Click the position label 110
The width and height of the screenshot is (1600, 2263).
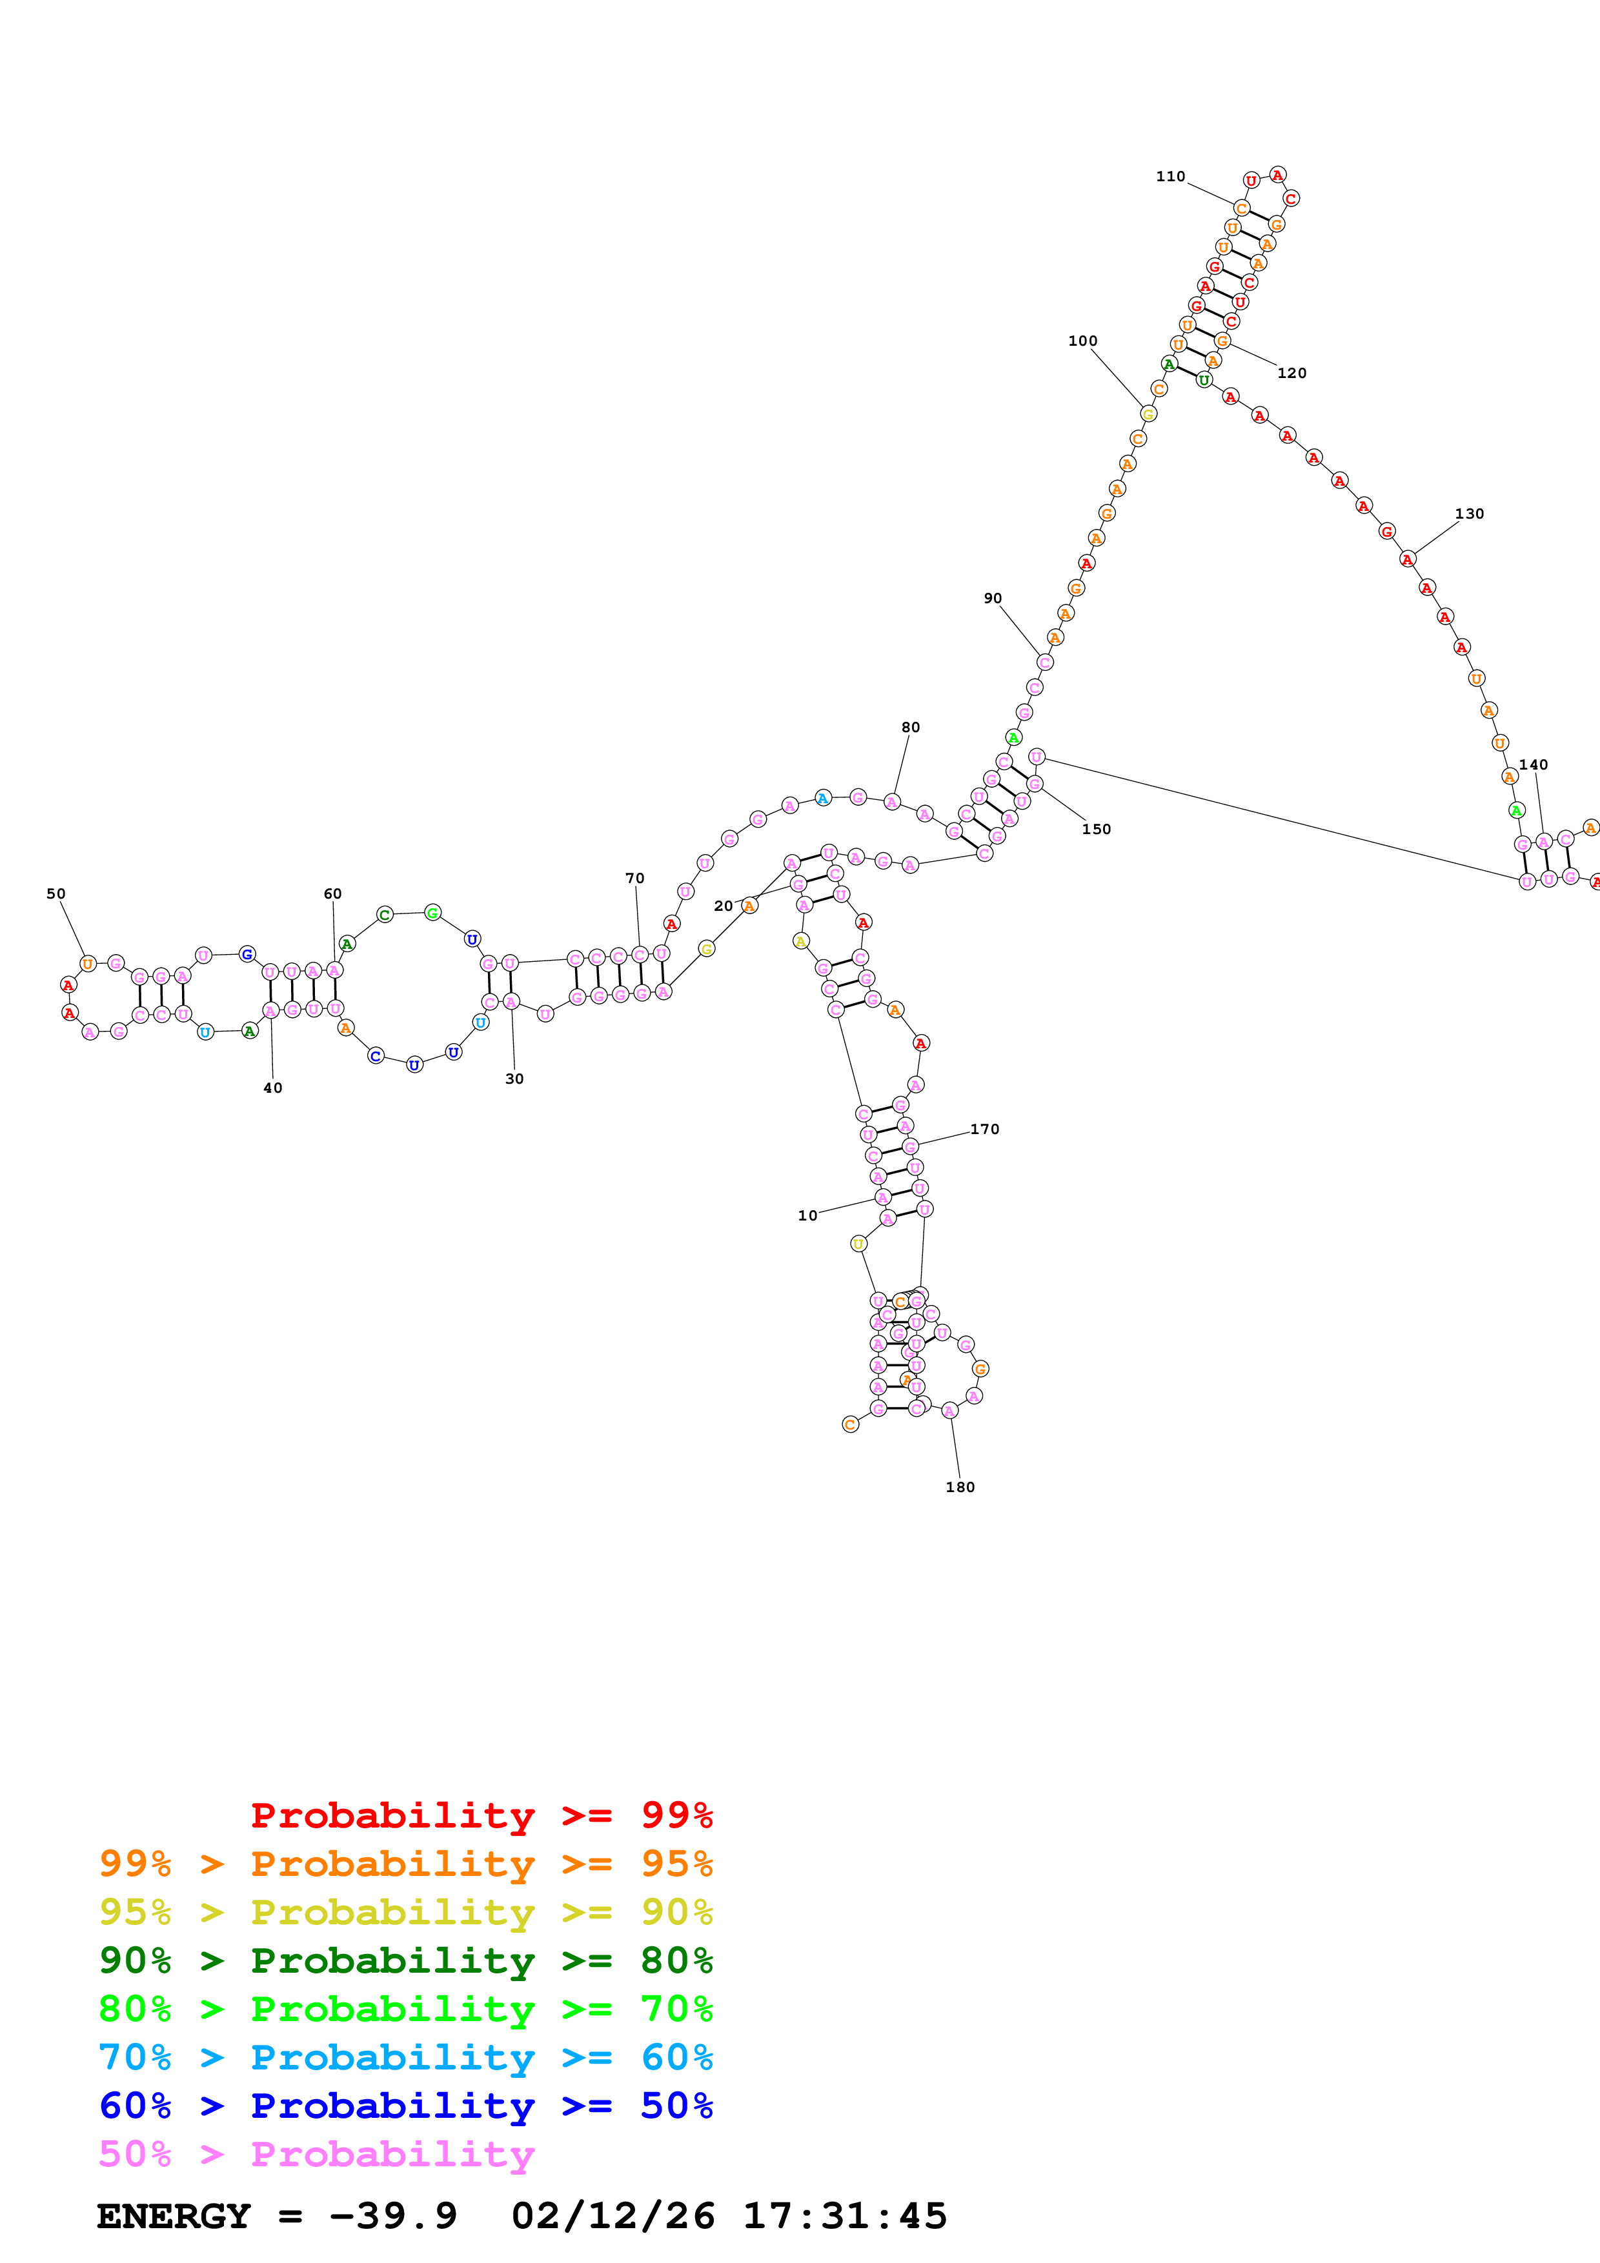click(x=1170, y=176)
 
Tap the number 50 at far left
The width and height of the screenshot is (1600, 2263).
click(x=56, y=894)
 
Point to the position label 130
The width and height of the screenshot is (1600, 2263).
click(x=1469, y=513)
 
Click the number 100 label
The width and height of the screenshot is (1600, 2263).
click(x=1082, y=341)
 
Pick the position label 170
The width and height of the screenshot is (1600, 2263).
click(x=984, y=1130)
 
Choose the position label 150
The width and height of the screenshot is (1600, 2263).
click(x=1095, y=829)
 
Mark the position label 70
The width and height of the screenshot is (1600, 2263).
click(x=635, y=878)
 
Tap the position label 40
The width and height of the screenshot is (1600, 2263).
click(x=273, y=1088)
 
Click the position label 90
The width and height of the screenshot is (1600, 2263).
click(x=993, y=598)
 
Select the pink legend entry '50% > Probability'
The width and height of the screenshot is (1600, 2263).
click(x=316, y=2155)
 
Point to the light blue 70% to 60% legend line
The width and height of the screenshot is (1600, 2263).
click(x=405, y=2058)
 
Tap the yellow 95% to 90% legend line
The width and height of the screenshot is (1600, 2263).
click(x=405, y=1912)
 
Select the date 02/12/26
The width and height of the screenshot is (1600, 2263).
click(x=613, y=2217)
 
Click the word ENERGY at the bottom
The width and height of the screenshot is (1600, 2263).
click(x=174, y=2217)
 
